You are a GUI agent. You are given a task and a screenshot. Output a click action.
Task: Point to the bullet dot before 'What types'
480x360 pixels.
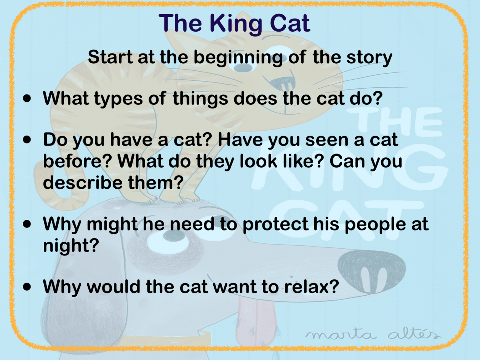(x=27, y=98)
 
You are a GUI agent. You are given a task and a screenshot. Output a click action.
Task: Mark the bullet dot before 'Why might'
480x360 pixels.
(x=27, y=224)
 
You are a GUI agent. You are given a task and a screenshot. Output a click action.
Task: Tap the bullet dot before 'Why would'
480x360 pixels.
(x=27, y=286)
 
